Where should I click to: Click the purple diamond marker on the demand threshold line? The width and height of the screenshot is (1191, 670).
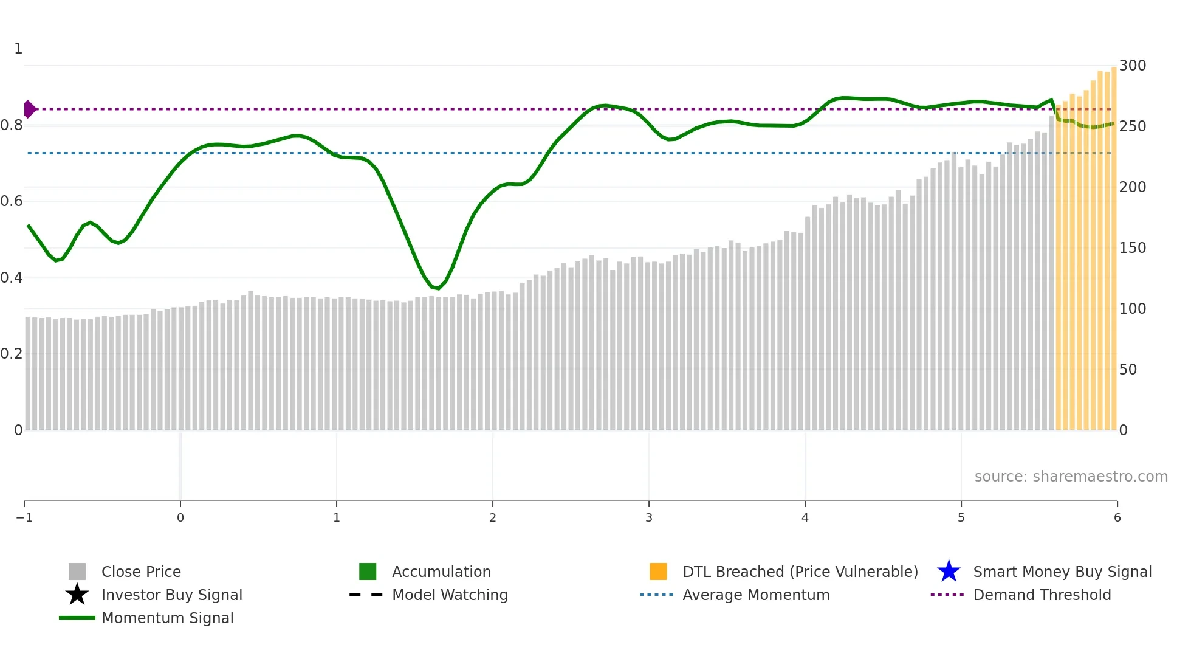[29, 109]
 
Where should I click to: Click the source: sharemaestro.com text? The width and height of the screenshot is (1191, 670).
[1071, 477]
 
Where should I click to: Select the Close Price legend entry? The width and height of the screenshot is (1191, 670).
[141, 572]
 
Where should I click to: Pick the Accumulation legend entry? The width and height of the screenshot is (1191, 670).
[441, 572]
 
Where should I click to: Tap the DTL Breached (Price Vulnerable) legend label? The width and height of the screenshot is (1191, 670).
[800, 572]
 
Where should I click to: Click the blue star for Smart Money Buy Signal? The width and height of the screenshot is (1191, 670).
[949, 572]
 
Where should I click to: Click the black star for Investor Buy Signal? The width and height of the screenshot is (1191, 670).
[77, 595]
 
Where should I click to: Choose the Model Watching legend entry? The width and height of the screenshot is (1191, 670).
[450, 595]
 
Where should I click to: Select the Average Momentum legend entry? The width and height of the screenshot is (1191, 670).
[756, 595]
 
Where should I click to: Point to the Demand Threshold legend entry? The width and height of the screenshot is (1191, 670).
[1042, 595]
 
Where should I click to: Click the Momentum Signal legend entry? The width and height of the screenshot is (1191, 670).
[167, 618]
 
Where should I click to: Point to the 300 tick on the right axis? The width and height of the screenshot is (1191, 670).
[1133, 66]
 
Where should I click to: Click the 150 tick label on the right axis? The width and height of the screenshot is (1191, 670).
[1133, 248]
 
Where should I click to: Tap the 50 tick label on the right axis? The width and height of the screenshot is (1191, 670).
[1128, 370]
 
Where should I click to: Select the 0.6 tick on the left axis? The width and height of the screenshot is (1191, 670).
[12, 201]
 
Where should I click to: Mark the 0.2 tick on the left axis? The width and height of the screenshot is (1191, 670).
[12, 354]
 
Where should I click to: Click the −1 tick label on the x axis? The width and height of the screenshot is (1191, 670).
[24, 518]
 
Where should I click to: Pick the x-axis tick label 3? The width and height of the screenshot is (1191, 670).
[649, 518]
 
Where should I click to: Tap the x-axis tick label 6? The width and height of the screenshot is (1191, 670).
[1117, 518]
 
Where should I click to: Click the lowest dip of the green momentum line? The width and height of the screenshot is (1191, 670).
[438, 288]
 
